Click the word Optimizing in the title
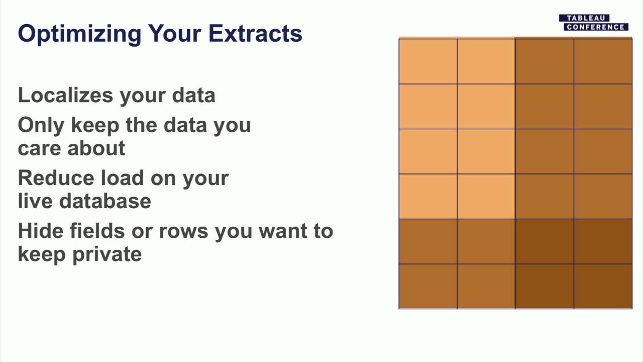pyautogui.click(x=79, y=34)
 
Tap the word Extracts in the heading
pyautogui.click(x=255, y=33)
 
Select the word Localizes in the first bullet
pyautogui.click(x=65, y=95)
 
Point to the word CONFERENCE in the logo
pyautogui.click(x=596, y=27)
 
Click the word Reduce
pyautogui.click(x=56, y=178)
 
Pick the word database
pyautogui.click(x=105, y=201)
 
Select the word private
pyautogui.click(x=107, y=255)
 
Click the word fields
pyautogui.click(x=97, y=231)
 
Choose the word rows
pyautogui.click(x=184, y=232)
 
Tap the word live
pyautogui.click(x=35, y=201)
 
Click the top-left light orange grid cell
pyautogui.click(x=428, y=61)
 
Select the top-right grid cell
pyautogui.click(x=603, y=61)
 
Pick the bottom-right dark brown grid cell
pyautogui.click(x=603, y=287)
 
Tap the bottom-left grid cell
pyautogui.click(x=428, y=287)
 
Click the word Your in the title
pyautogui.click(x=174, y=33)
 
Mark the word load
pyautogui.click(x=122, y=178)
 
